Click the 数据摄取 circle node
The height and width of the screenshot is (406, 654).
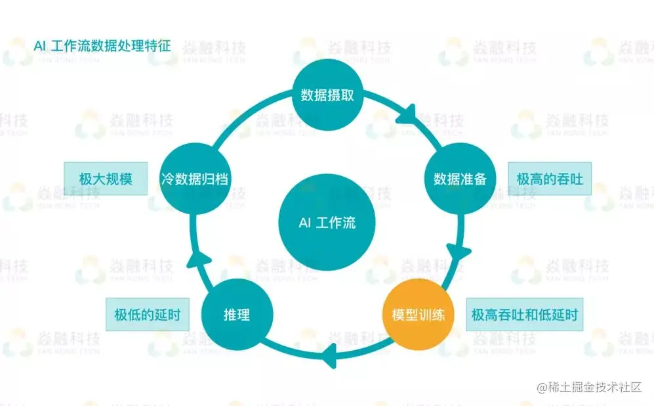(x=327, y=95)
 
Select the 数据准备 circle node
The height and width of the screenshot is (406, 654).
(x=460, y=179)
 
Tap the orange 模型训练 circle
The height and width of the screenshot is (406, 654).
(x=418, y=315)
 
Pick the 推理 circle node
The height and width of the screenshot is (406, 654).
(x=237, y=315)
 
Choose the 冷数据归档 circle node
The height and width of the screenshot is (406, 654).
(x=195, y=179)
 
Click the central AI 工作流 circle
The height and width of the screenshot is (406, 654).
(x=327, y=222)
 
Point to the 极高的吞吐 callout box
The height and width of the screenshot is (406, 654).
(x=550, y=179)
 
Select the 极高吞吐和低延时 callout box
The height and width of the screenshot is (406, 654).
(x=525, y=315)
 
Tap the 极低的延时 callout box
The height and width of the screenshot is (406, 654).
(x=147, y=315)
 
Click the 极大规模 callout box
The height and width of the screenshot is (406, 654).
(x=106, y=179)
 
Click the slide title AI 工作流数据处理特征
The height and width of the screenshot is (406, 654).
(x=102, y=45)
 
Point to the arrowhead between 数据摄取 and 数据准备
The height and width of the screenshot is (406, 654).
(x=407, y=115)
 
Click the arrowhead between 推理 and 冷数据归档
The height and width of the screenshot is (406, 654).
(x=197, y=259)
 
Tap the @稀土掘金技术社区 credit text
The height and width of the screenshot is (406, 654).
(x=589, y=388)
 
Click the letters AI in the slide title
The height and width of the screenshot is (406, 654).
(x=39, y=46)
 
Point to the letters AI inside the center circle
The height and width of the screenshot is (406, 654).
(x=305, y=223)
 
